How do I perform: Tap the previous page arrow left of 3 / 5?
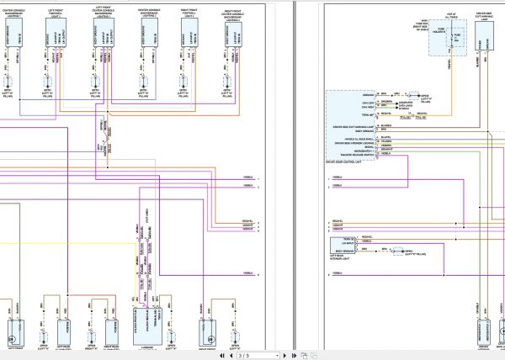click(231, 355)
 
